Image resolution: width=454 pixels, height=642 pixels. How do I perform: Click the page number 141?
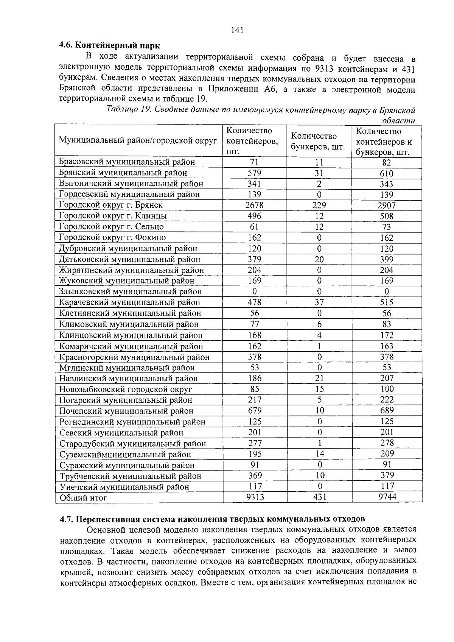[237, 30]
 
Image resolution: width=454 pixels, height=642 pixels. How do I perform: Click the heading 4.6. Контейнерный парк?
[110, 46]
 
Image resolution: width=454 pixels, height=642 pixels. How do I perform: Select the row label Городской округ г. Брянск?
[111, 205]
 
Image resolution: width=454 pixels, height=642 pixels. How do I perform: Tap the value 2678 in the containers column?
[254, 205]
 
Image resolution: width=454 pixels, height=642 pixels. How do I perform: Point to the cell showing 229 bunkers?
[319, 205]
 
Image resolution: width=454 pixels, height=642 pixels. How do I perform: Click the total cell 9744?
[387, 497]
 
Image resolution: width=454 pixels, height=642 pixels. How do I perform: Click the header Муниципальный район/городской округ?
[138, 141]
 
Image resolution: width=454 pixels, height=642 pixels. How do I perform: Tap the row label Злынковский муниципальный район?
[131, 292]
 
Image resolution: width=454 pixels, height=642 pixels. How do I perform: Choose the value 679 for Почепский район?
[255, 410]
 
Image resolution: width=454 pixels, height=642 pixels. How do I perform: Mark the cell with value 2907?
[387, 206]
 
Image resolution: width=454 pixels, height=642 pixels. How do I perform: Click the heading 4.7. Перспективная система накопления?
[212, 518]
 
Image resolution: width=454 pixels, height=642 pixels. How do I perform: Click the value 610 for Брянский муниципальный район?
[387, 173]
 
